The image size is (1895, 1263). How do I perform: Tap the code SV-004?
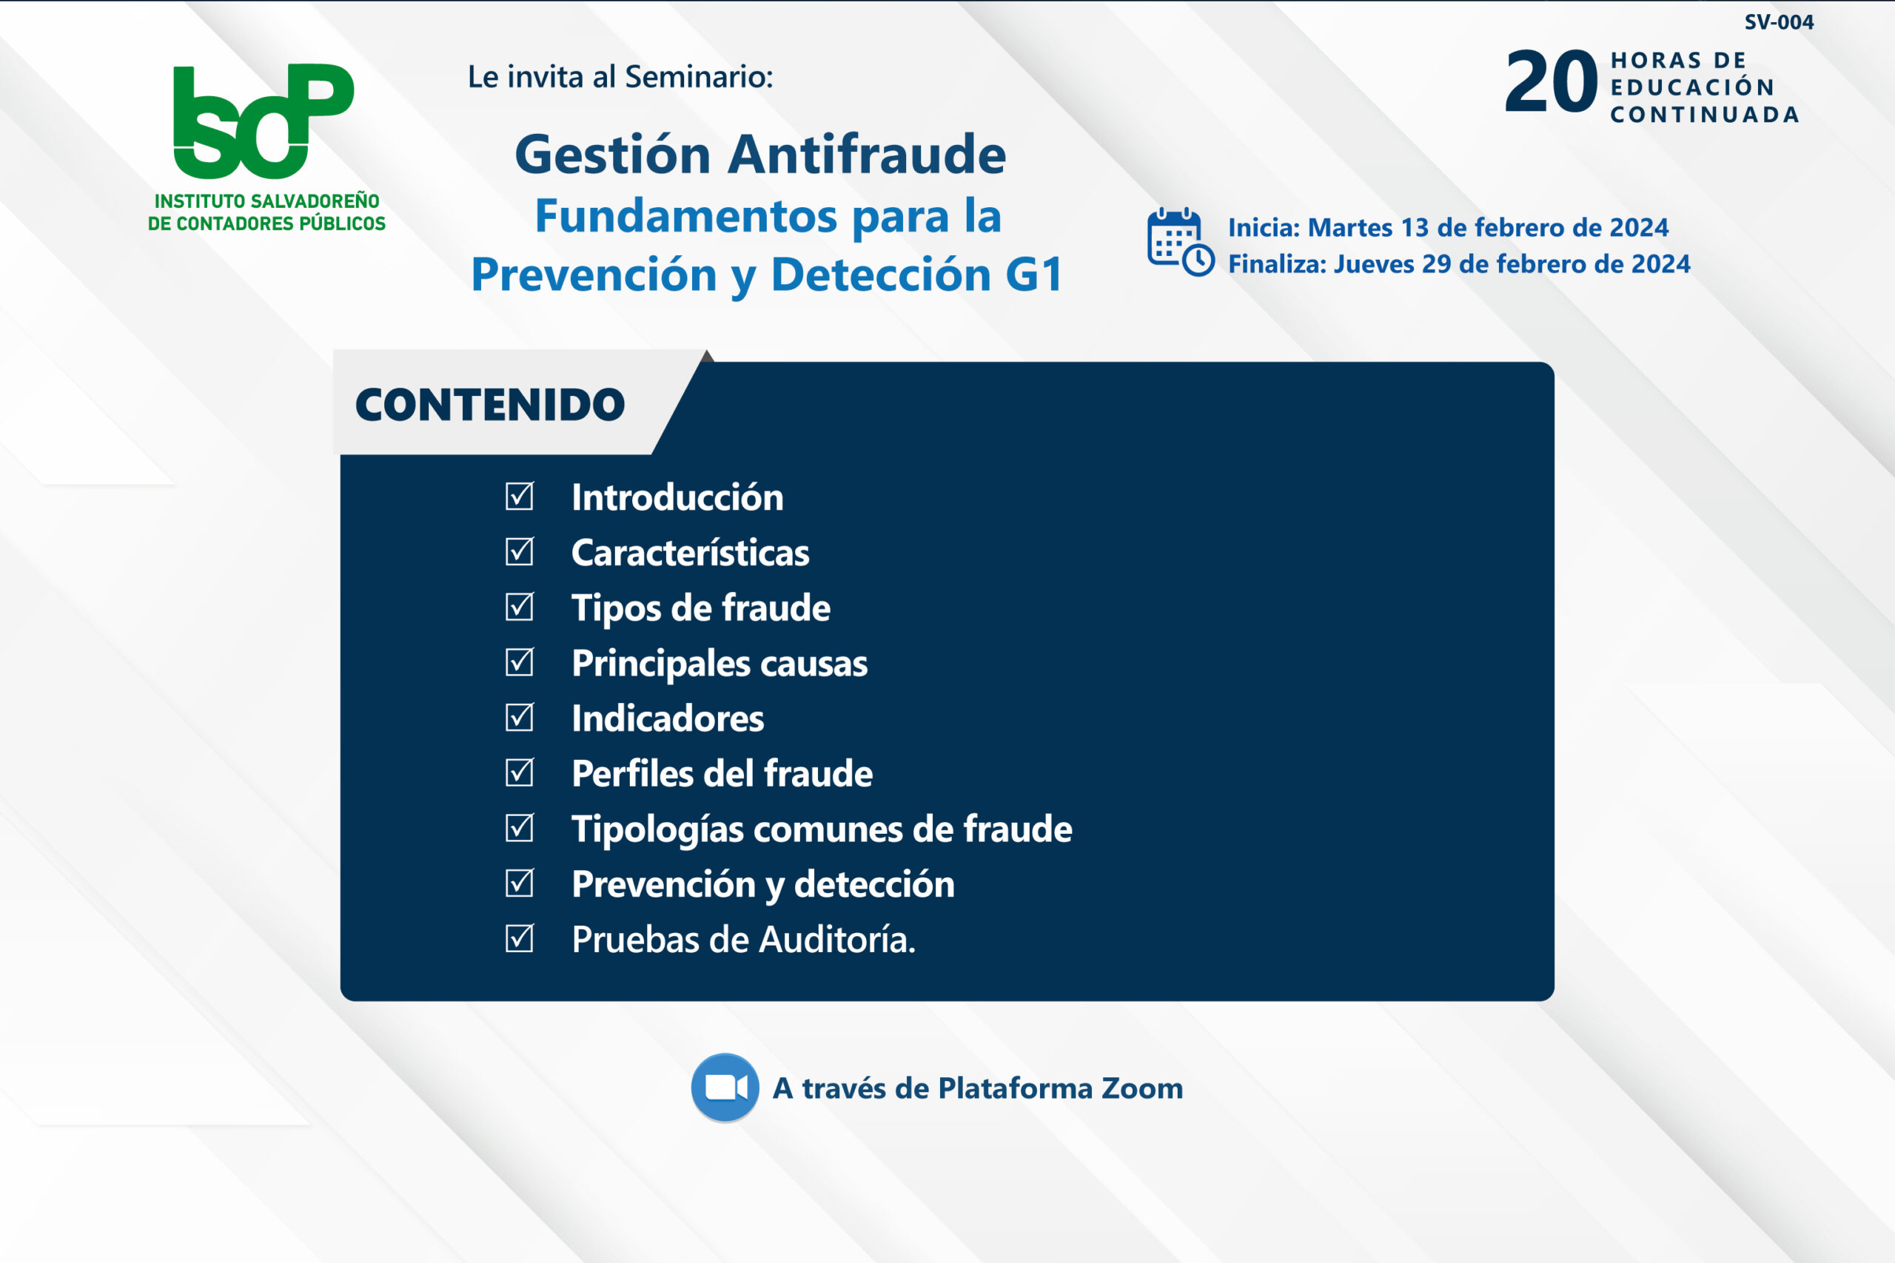pos(1779,22)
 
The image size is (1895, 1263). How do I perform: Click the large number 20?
pos(1551,82)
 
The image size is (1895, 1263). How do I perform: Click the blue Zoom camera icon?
pos(725,1088)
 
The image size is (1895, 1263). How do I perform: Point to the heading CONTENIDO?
pos(490,405)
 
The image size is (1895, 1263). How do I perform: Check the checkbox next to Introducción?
pos(520,496)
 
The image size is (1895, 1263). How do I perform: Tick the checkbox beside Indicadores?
pos(520,717)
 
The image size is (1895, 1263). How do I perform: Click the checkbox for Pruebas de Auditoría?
pos(520,937)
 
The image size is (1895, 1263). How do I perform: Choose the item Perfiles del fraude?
pos(722,774)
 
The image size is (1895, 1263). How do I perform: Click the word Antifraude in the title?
pos(867,154)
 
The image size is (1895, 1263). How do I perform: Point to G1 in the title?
pos(1035,275)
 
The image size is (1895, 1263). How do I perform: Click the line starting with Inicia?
pos(1448,228)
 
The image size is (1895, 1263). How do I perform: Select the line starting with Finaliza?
pos(1459,264)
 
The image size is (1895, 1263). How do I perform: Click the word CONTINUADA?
pos(1705,115)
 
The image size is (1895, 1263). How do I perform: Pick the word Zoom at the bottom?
pos(1141,1088)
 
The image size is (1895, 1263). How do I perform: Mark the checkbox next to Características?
pos(520,551)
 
